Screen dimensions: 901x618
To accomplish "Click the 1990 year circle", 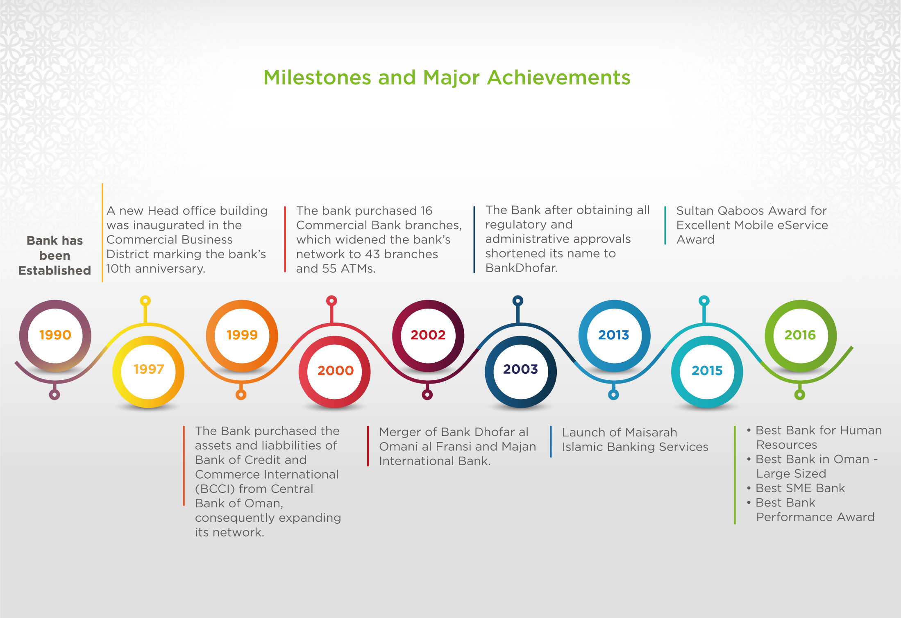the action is pos(55,336).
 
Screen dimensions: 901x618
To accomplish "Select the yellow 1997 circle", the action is pos(148,371).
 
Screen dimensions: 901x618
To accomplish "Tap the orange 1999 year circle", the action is pos(242,336).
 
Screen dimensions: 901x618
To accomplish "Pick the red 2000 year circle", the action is pos(335,371).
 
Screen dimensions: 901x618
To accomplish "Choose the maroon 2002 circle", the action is pos(428,336).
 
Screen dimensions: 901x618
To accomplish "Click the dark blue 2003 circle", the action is pos(521,371).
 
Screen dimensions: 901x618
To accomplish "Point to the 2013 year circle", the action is pos(614,336).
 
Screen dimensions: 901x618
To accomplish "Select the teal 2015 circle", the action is pos(707,371).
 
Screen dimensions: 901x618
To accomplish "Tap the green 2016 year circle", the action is pos(801,336).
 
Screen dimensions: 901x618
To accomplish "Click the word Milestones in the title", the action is pos(318,77).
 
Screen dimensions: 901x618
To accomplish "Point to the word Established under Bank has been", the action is pos(54,270).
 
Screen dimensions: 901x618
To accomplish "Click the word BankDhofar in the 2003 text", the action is pos(521,268).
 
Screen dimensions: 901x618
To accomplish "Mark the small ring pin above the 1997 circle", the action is pos(145,301).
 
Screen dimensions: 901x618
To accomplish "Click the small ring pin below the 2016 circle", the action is pos(800,395).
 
